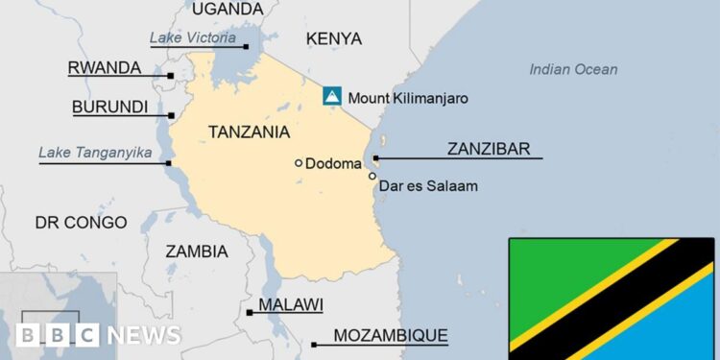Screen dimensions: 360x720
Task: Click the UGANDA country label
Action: (227, 9)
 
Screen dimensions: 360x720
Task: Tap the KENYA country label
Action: (333, 38)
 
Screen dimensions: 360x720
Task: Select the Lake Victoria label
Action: (192, 37)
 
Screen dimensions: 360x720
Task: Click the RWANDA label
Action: (104, 68)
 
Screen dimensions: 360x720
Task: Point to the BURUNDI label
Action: (109, 107)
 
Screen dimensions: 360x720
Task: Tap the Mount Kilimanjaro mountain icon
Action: (331, 96)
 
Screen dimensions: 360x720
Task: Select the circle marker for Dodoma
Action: (299, 163)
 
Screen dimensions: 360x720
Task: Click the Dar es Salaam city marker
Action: (372, 176)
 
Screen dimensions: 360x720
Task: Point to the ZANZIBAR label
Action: (488, 149)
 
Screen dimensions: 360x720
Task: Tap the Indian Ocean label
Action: (573, 69)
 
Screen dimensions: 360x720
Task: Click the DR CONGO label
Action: (81, 223)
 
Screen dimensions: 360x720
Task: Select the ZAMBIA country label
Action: (197, 252)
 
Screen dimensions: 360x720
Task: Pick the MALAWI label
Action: (290, 304)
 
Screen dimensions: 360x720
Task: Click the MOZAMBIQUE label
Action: (390, 335)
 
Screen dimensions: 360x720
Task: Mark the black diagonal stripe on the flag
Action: (614, 298)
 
